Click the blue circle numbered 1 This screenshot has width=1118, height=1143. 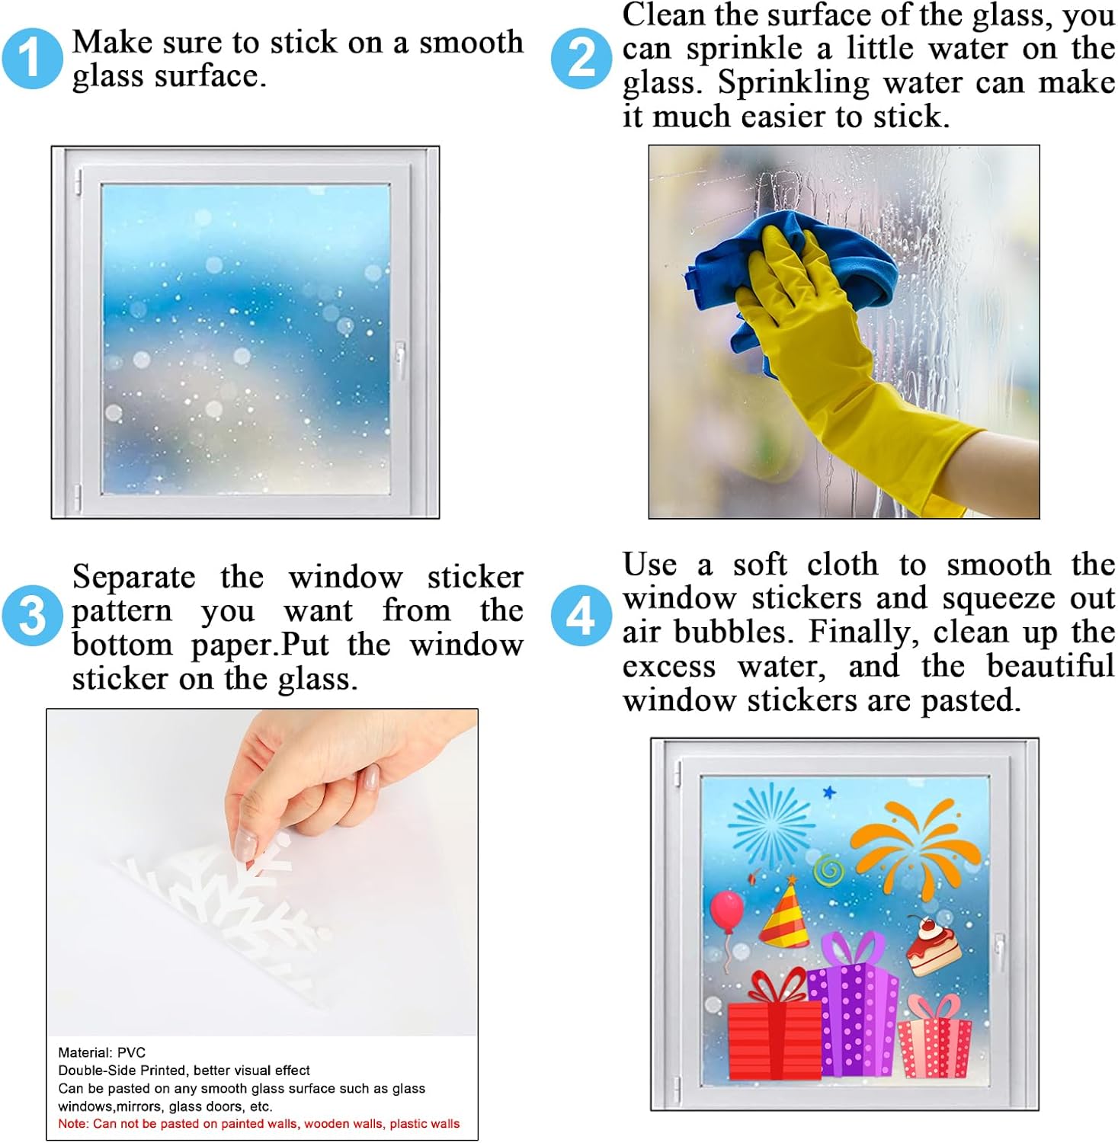(31, 58)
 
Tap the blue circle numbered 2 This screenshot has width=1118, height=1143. (581, 58)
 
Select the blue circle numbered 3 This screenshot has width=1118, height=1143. (31, 614)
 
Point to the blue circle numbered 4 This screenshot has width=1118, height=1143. (581, 614)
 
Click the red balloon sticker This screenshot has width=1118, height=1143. (726, 914)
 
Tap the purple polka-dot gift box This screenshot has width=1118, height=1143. (854, 1006)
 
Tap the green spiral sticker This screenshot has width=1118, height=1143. (828, 869)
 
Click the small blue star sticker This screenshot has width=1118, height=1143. (829, 792)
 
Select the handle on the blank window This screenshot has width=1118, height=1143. (399, 360)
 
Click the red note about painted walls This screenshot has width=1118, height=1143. (259, 1123)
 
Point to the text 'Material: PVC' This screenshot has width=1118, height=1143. (101, 1052)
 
